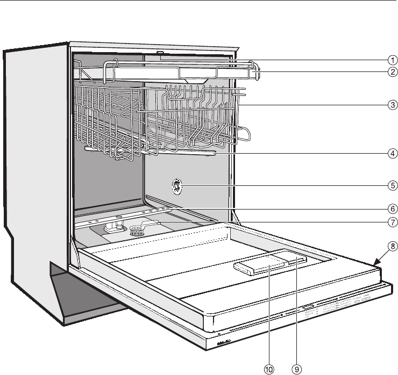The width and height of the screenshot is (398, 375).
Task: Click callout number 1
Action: click(x=379, y=61)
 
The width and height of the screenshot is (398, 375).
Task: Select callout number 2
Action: click(x=379, y=72)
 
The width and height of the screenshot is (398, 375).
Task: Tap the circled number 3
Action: click(x=379, y=104)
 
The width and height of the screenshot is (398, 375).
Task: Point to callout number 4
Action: click(x=379, y=153)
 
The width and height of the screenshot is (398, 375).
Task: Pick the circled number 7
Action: click(x=379, y=221)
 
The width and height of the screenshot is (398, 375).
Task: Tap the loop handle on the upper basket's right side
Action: click(x=245, y=133)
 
